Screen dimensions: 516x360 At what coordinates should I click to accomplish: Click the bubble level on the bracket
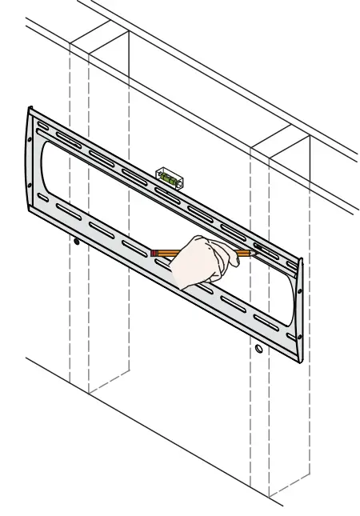(x=170, y=177)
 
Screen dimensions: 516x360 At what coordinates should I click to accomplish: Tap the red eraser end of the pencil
(x=154, y=253)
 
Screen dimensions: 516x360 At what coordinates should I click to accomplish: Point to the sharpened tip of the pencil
(x=254, y=253)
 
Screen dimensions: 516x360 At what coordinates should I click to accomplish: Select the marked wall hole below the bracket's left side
(x=77, y=241)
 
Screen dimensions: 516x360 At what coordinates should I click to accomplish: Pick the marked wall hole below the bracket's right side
(x=258, y=350)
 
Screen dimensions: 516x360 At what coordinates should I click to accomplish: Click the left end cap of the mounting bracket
(x=31, y=160)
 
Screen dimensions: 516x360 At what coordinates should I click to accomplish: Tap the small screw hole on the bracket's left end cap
(x=30, y=186)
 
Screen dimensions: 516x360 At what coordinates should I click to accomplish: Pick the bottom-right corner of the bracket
(x=302, y=361)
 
